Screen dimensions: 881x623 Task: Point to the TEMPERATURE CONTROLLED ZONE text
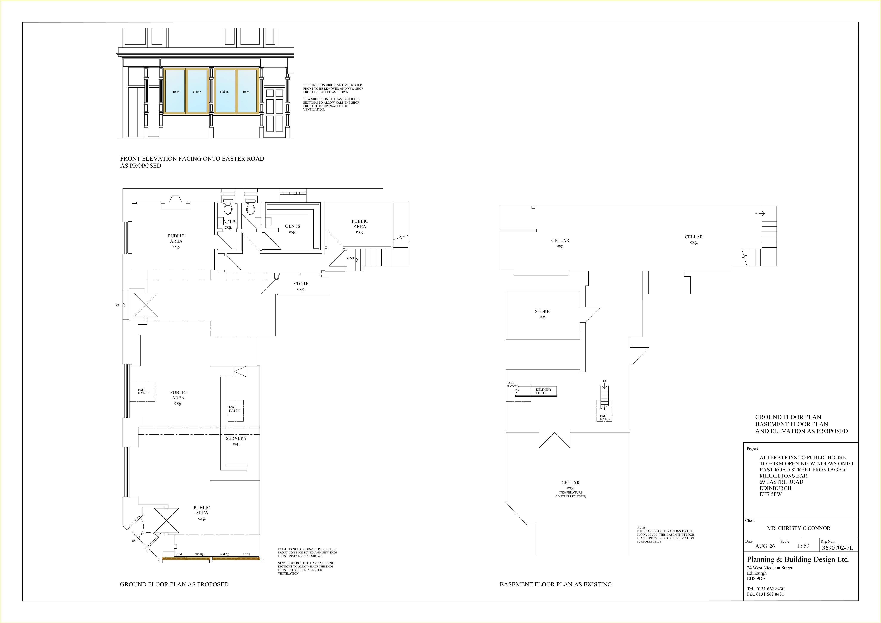point(571,494)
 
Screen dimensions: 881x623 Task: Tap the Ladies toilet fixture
point(228,206)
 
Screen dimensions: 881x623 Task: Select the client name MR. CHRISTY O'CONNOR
point(798,528)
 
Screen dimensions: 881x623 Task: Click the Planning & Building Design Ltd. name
point(798,560)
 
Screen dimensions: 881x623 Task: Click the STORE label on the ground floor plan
point(301,286)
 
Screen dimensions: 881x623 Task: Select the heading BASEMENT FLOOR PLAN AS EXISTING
point(556,584)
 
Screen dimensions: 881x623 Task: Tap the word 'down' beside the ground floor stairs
point(350,258)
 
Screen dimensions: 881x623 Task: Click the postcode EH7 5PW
point(770,494)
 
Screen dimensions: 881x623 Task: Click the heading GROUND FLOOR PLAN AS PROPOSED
point(174,584)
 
